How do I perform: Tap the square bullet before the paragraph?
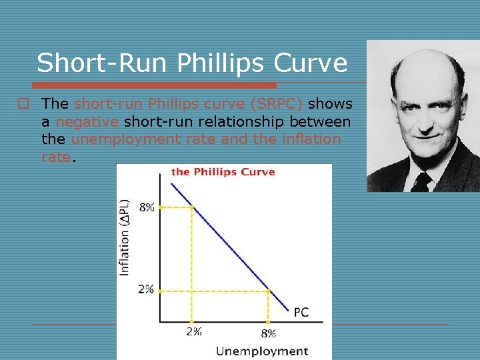pos(23,104)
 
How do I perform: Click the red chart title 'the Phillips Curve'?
pos(223,172)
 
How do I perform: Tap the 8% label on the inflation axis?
pos(147,207)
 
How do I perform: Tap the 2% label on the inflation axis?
pos(146,289)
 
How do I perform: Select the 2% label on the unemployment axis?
pos(193,331)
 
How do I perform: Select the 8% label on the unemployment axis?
pos(268,332)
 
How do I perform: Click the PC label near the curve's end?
pos(301,312)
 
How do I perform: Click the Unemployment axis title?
pos(261,351)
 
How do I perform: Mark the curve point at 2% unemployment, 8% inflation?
pos(192,207)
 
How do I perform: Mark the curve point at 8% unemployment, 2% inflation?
pos(268,290)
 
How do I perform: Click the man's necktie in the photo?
pos(421,181)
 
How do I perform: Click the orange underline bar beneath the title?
pos(155,85)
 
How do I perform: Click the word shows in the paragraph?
pos(330,104)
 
